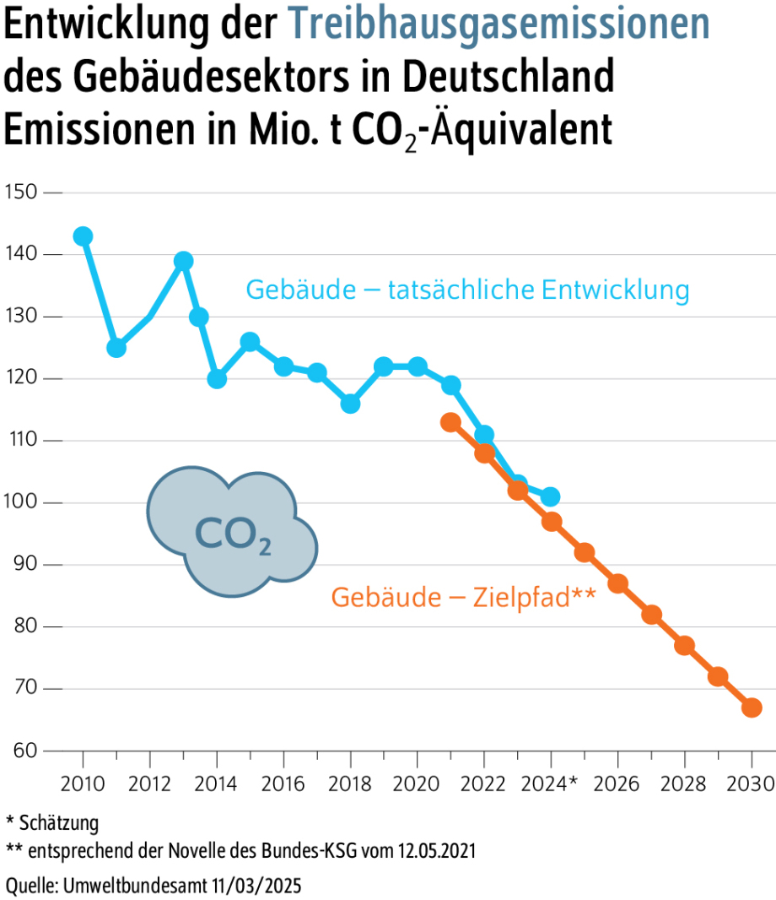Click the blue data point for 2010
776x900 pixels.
tap(83, 236)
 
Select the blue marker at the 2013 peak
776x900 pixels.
tap(183, 261)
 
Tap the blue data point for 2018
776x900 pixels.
tap(350, 404)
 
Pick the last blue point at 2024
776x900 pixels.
tap(550, 496)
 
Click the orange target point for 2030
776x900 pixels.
tap(752, 708)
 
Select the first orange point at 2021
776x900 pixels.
tap(450, 422)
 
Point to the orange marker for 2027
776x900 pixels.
tap(651, 615)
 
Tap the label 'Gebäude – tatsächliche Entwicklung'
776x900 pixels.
tap(467, 290)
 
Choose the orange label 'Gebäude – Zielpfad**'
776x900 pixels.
tap(463, 597)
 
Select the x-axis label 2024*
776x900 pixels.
tap(554, 783)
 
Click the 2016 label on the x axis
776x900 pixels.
tap(283, 783)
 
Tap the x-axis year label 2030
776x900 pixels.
tap(752, 783)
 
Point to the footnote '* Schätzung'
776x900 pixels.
tap(52, 822)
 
